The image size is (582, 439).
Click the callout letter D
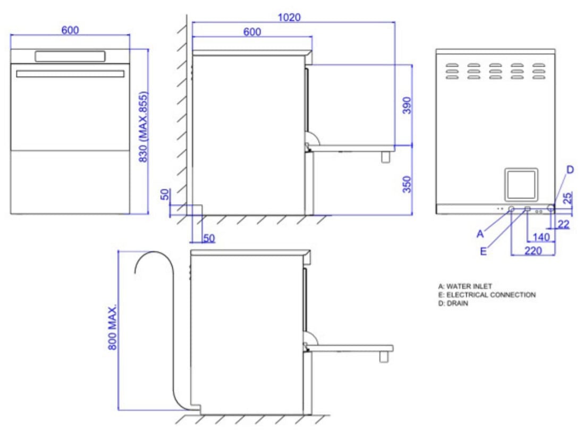click(x=570, y=170)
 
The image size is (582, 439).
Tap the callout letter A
click(x=480, y=233)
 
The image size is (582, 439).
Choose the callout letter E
click(x=483, y=252)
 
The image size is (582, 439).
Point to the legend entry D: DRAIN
click(x=450, y=302)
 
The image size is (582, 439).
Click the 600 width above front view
click(x=70, y=30)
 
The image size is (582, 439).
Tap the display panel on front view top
click(x=70, y=56)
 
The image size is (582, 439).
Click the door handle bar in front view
click(x=70, y=74)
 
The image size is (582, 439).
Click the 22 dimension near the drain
click(x=563, y=225)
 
